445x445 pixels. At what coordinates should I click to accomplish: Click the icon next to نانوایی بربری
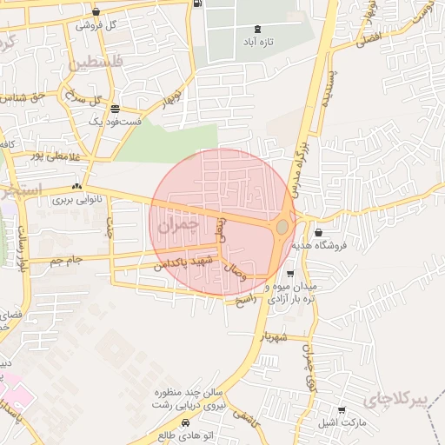[x=77, y=186]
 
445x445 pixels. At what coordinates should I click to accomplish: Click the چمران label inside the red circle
[x=178, y=224]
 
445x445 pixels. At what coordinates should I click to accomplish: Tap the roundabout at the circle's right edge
[x=282, y=228]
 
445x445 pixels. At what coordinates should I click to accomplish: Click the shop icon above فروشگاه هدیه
[x=318, y=232]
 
